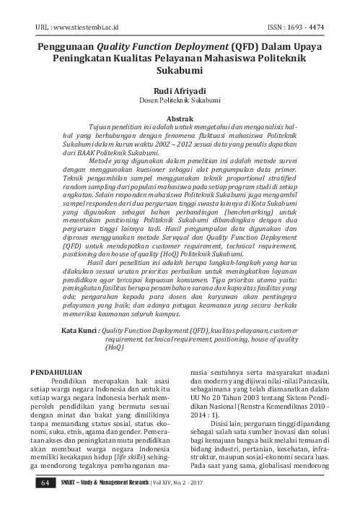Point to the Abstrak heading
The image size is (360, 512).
[180, 116]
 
